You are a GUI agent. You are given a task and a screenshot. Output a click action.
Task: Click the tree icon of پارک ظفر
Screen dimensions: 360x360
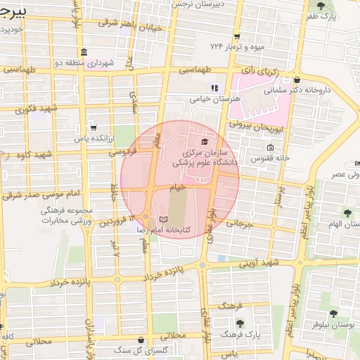click(x=321, y=6)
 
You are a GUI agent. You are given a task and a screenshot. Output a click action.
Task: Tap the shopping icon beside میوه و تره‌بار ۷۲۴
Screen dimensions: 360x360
click(x=238, y=36)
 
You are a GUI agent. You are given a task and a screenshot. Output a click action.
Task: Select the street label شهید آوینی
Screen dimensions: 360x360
click(x=259, y=262)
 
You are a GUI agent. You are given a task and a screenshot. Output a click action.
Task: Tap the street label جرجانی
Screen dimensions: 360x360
click(x=238, y=224)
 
